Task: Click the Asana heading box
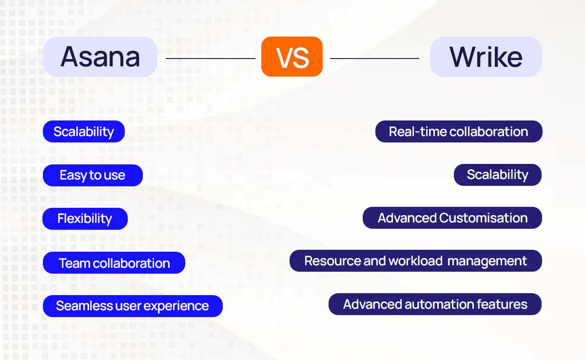(100, 57)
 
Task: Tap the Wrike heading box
(486, 57)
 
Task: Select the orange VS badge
(292, 57)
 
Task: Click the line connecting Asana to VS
(210, 59)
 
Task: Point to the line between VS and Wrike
(374, 59)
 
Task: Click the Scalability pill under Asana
(84, 132)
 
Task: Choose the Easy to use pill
(93, 175)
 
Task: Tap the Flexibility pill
(85, 219)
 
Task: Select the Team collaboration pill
(114, 263)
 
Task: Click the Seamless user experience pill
(133, 306)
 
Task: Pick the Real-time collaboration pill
(458, 132)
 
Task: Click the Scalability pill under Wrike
(497, 175)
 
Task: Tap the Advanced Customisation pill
(452, 218)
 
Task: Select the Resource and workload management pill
(415, 261)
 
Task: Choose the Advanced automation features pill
(435, 304)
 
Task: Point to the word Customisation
(483, 218)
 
